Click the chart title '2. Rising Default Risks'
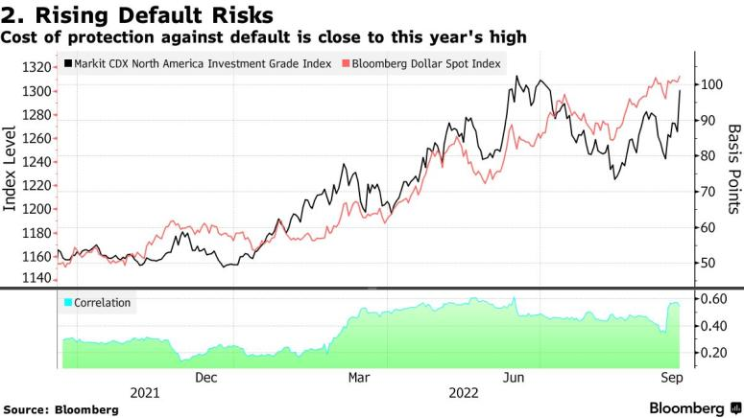[x=137, y=15]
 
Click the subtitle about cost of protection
[x=263, y=37]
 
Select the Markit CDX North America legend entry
[x=197, y=63]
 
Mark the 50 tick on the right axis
[x=707, y=263]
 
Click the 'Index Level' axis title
[x=12, y=174]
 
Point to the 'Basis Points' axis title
[x=734, y=169]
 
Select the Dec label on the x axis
[x=206, y=377]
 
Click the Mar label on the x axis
[x=358, y=377]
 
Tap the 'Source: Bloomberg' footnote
[x=61, y=409]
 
